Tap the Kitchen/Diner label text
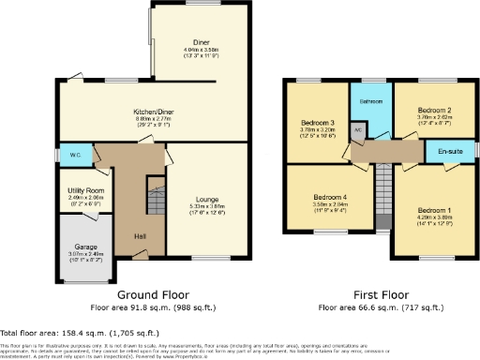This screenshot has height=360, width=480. click(154, 110)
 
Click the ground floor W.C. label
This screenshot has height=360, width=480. click(74, 155)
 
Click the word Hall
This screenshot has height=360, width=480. click(141, 235)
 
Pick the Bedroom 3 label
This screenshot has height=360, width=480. click(318, 123)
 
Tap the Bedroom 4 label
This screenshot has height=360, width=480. click(330, 198)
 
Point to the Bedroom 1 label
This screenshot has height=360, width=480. click(434, 211)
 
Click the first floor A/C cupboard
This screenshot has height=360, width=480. click(358, 131)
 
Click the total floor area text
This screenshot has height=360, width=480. click(80, 333)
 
